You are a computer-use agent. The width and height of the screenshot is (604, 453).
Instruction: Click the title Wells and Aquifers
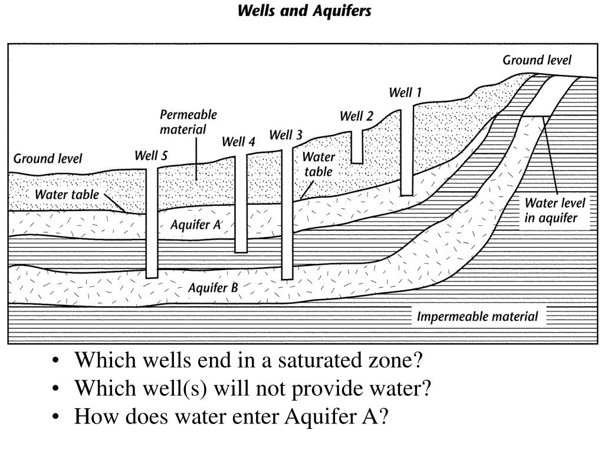(304, 11)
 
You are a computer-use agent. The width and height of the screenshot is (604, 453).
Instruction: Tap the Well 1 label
(405, 93)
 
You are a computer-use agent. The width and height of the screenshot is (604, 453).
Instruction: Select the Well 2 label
(356, 116)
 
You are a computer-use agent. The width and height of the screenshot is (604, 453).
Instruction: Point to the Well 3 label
(285, 136)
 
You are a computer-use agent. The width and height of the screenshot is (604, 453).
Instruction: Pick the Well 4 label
(238, 142)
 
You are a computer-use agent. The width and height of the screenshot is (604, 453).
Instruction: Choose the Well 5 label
(151, 156)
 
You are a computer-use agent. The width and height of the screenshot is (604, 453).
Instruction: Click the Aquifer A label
(195, 225)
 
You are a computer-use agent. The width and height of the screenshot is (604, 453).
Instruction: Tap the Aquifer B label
(213, 288)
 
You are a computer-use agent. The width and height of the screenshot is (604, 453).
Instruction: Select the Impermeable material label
(477, 317)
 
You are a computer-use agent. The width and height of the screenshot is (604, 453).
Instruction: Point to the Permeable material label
(188, 122)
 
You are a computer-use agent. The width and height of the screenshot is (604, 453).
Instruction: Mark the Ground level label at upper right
(537, 60)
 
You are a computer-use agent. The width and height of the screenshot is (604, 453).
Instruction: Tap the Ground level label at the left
(48, 159)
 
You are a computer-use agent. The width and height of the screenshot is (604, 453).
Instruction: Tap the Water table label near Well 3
(319, 165)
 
